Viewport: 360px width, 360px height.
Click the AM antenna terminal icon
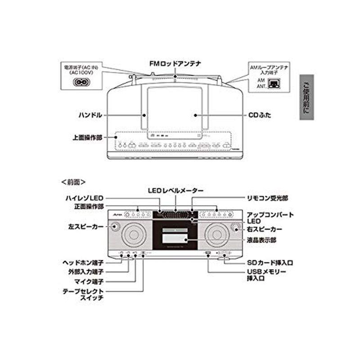pyautogui.click(x=274, y=83)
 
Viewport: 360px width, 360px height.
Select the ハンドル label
pyautogui.click(x=90, y=115)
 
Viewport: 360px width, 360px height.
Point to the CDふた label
pyautogui.click(x=261, y=115)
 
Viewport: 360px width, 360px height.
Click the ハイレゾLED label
pyautogui.click(x=85, y=198)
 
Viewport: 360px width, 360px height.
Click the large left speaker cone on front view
pyautogui.click(x=134, y=234)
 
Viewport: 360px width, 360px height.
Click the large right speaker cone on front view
pyautogui.click(x=217, y=234)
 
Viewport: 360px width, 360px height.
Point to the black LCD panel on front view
pyautogui.click(x=175, y=235)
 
